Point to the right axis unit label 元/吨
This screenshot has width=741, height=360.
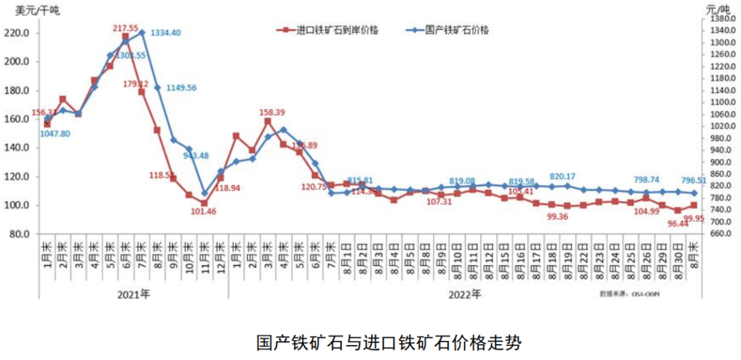click(718, 9)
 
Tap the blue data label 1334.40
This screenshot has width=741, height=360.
click(165, 33)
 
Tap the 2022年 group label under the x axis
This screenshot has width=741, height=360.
click(466, 294)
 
